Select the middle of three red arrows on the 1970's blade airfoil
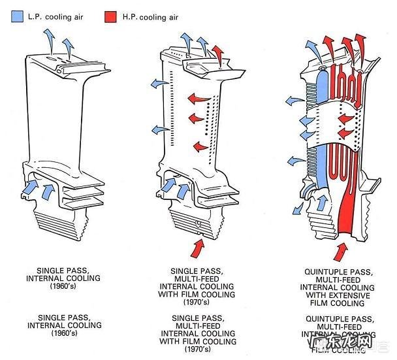(194, 118)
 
